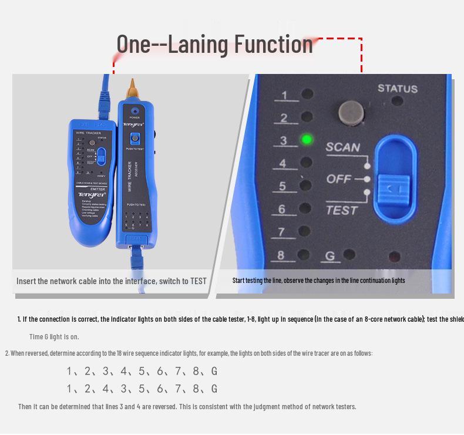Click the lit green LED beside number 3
coord(306,140)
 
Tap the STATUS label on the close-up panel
coord(398,89)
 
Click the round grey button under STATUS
coord(349,112)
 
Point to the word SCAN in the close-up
coord(343,147)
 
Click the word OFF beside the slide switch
coord(339,178)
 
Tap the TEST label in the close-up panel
coord(341,209)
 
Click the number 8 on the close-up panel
coord(281,255)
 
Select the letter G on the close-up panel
coord(330,256)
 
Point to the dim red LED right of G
coord(395,257)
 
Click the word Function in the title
coord(274,44)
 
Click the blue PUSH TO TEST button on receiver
coord(135,139)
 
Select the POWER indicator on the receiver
coord(135,110)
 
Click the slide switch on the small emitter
coord(102,156)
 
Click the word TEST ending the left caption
coord(198,281)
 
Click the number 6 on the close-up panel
coord(282,209)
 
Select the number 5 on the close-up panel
coord(283,186)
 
